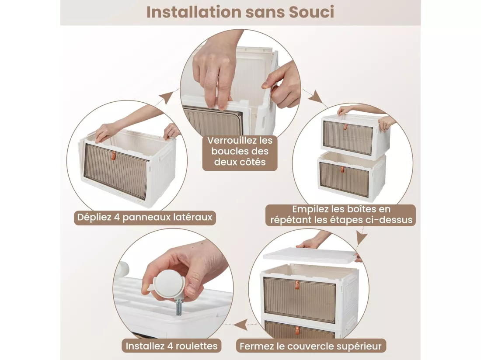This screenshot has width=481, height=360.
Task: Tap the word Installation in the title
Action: pos(194,12)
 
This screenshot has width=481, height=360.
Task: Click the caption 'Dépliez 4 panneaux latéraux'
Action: pos(145,217)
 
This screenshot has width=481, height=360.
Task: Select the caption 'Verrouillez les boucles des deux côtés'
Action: pos(240,151)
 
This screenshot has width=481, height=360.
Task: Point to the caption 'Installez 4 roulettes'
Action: pos(171,346)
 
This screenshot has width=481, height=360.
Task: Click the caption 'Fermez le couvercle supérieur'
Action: pos(311,346)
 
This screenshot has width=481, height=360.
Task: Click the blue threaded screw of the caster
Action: pos(178,308)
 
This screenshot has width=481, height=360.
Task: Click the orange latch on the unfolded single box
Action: pos(114,155)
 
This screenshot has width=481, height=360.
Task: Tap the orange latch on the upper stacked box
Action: pos(345,127)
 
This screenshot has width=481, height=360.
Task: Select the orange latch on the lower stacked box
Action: pos(342,170)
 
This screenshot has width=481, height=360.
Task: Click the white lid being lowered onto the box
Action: pos(311,256)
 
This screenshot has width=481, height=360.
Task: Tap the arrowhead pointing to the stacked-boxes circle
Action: pos(316,97)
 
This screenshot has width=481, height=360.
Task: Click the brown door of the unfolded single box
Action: pos(116,172)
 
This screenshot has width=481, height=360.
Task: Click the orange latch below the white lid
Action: pos(297,285)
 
